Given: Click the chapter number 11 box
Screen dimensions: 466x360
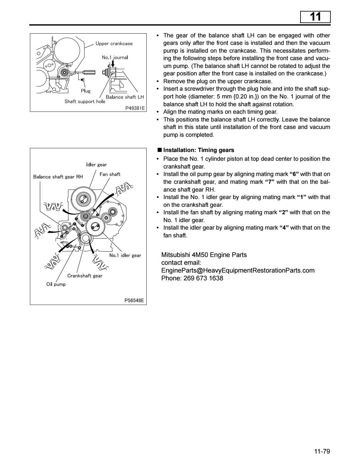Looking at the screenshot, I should click(315, 17).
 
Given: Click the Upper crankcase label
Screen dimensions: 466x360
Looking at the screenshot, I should click(114, 44).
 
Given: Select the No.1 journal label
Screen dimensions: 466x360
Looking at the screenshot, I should click(115, 57).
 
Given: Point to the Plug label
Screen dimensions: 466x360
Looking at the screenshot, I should click(85, 91).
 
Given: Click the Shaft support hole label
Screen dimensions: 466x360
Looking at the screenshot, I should click(85, 102).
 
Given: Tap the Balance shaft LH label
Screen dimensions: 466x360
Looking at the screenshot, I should click(125, 97).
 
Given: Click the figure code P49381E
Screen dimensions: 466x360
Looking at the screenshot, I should click(135, 108).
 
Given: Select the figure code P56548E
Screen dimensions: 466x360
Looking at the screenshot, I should click(135, 301).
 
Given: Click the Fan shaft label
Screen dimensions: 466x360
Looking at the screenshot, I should click(110, 174).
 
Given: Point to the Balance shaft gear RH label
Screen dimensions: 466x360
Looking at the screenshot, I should click(58, 177).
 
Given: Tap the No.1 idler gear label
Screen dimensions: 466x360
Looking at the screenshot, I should click(125, 255).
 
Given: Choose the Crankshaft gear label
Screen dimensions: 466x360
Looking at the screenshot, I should click(85, 276).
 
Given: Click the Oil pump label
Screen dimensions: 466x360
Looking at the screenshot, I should click(56, 284).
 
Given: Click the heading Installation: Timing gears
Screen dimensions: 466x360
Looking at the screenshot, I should click(198, 150).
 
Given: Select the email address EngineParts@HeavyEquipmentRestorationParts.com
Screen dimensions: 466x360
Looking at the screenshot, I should click(238, 270).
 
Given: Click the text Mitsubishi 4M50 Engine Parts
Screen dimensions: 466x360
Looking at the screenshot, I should click(204, 255).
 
